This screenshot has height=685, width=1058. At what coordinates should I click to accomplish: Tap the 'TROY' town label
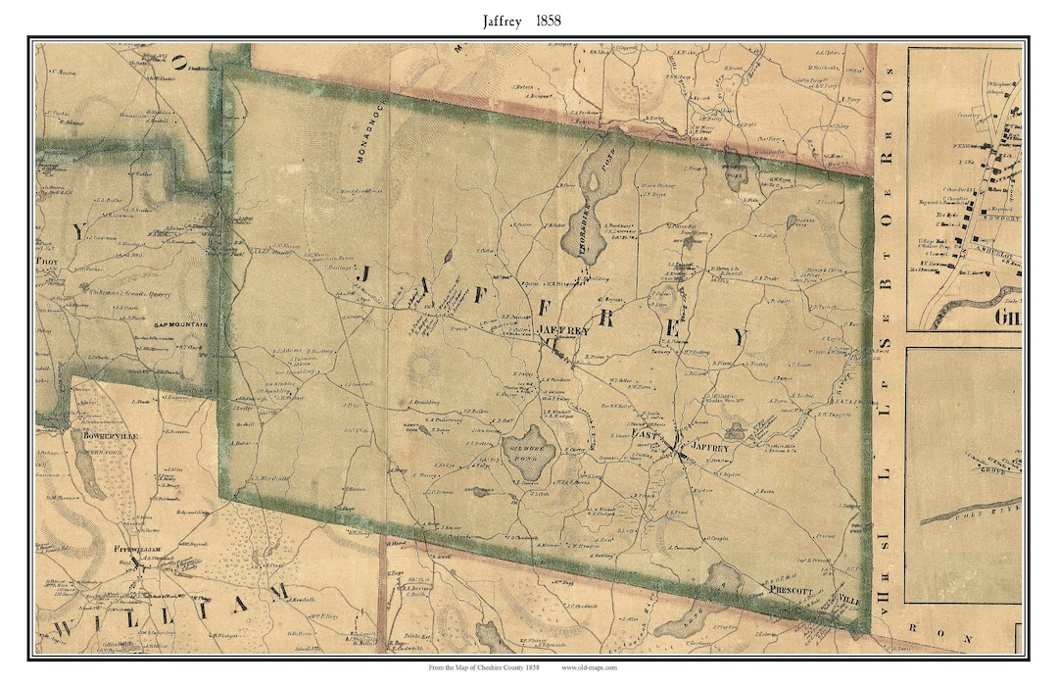(x=48, y=263)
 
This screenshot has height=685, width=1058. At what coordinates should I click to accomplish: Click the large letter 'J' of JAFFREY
(x=363, y=277)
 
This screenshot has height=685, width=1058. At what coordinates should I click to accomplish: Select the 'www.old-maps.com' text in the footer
(x=589, y=668)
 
